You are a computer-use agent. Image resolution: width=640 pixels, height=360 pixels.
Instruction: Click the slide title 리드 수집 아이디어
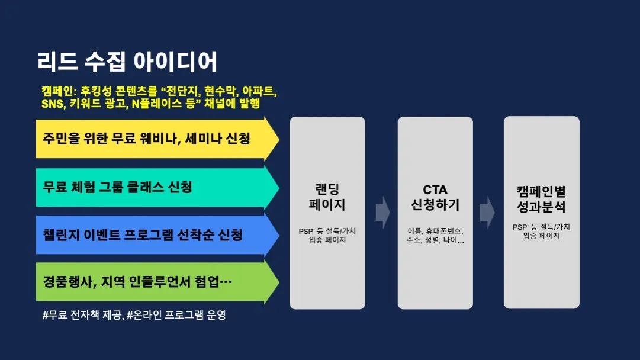point(127,62)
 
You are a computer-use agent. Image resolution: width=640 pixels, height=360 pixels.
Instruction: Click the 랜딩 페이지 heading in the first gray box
point(327,198)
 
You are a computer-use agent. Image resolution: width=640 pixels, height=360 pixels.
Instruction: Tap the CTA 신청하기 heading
point(435,198)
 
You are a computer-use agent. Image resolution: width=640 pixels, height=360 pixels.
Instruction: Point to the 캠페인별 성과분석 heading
point(541,200)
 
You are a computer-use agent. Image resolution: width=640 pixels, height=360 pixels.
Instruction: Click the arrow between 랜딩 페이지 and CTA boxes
point(382,211)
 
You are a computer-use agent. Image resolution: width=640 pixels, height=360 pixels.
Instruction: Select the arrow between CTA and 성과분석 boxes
point(487,211)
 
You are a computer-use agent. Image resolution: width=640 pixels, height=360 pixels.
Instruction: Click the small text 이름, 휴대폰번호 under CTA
point(435,230)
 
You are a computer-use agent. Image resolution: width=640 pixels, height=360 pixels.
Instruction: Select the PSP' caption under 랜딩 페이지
point(327,230)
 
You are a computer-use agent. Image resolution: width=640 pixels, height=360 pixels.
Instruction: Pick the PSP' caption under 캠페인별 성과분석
point(541,227)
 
